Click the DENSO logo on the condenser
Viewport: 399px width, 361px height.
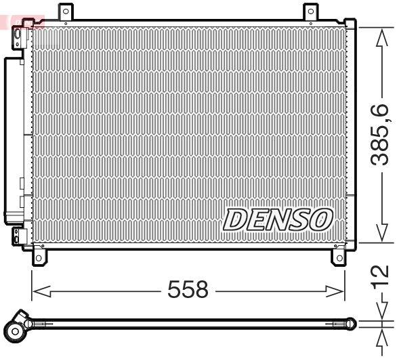tap(278, 219)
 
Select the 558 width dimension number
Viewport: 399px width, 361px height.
tap(188, 290)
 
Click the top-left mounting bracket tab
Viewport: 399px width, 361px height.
tap(65, 12)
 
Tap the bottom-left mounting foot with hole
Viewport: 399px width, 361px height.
tap(40, 257)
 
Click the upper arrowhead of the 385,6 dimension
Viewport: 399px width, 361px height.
tap(382, 35)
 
